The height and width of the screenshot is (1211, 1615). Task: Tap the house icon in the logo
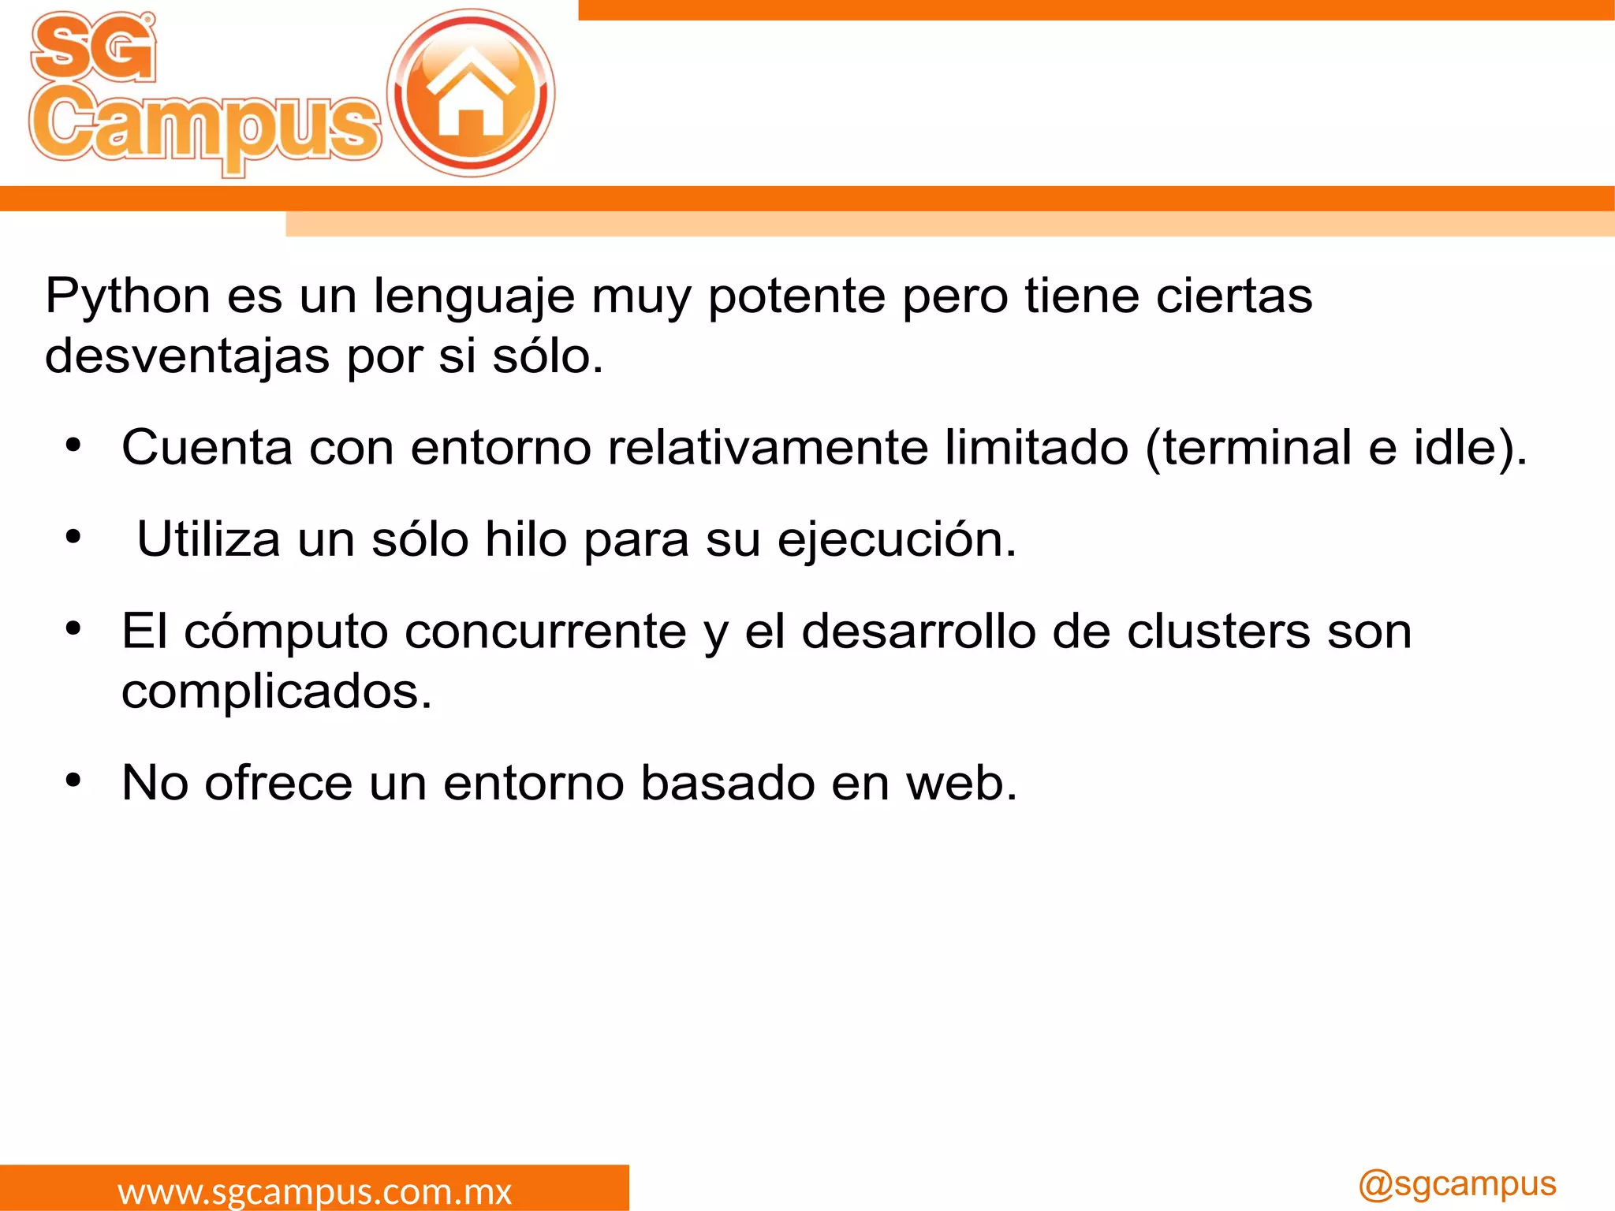[471, 93]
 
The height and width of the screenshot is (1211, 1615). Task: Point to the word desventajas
[187, 356]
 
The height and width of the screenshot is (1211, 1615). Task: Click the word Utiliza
[208, 539]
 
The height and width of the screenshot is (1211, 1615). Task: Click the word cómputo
[286, 632]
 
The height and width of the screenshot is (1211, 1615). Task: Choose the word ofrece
[278, 783]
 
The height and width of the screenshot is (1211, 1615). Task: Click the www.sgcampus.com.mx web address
[315, 1191]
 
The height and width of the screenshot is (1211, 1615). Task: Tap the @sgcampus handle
[1456, 1185]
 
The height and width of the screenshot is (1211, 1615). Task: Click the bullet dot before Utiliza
[73, 538]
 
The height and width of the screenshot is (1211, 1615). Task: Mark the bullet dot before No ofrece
[73, 781]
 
